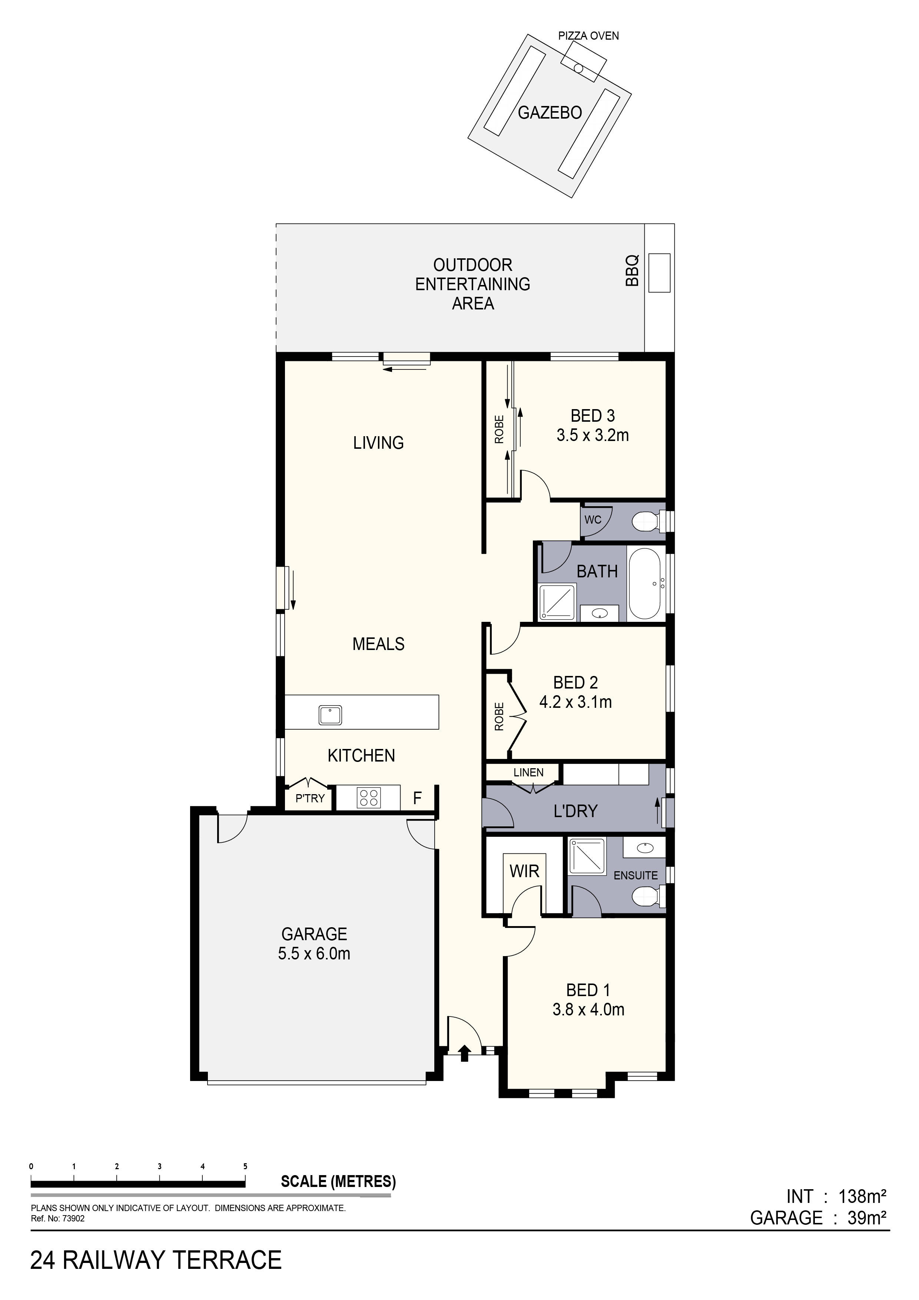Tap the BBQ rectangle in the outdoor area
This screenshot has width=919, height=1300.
tap(659, 273)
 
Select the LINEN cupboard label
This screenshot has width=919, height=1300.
tap(528, 772)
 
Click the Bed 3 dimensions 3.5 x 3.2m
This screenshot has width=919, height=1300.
tap(592, 435)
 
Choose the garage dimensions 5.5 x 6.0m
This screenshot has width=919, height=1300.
tap(314, 954)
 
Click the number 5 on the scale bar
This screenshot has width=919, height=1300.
tap(245, 1166)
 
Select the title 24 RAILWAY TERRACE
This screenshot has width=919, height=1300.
tap(156, 1260)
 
